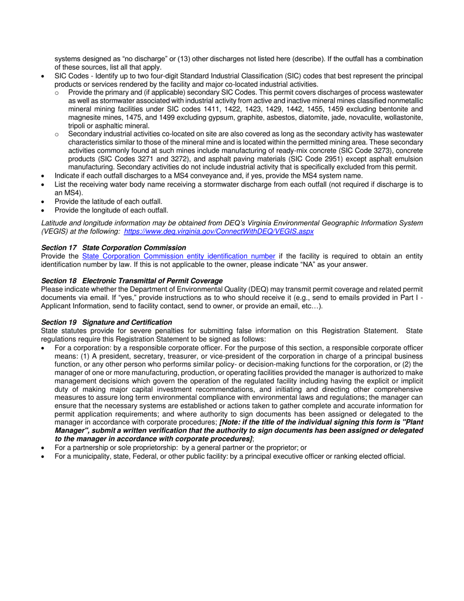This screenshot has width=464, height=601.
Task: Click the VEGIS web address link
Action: coord(219,231)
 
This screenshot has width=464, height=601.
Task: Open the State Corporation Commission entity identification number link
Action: coord(178,256)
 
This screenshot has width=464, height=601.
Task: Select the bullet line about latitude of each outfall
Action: coord(108,201)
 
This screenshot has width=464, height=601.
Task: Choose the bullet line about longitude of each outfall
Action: coord(111,210)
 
